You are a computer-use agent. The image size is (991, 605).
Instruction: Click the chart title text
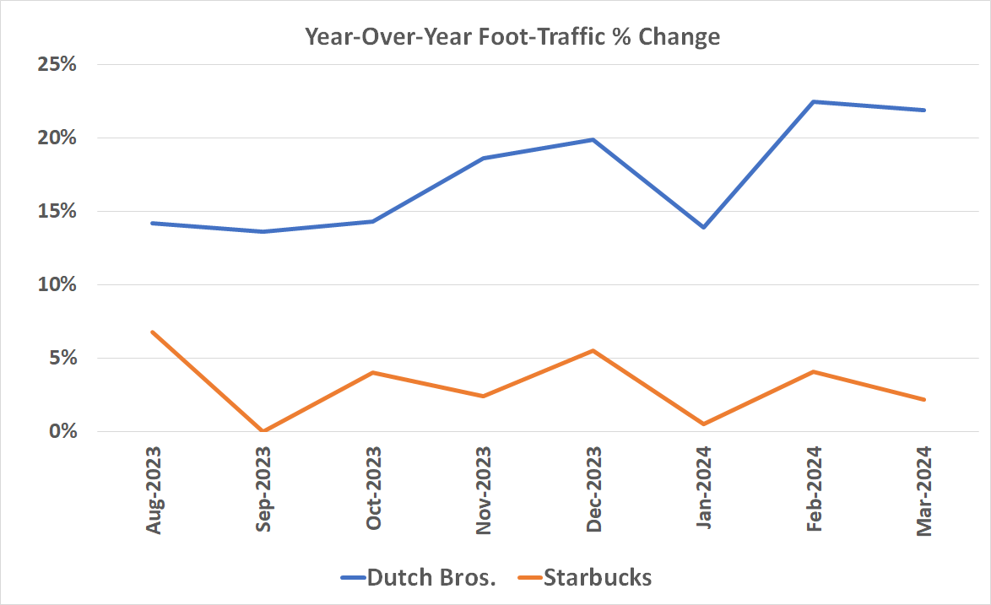512,37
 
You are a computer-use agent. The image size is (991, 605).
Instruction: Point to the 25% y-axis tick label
57,65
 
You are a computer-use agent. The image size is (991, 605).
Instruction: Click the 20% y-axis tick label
57,138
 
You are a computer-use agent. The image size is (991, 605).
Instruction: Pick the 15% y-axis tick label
57,212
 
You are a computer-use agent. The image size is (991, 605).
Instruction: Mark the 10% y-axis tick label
57,285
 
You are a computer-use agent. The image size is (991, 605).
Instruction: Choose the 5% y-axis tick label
62,359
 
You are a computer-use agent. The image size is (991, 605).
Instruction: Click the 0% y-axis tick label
62,432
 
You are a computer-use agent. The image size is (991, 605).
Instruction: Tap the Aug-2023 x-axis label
154,489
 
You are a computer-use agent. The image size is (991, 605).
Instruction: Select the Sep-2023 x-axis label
263,489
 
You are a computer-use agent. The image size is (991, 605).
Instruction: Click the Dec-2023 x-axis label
593,489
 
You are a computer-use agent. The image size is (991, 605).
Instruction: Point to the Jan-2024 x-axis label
703,489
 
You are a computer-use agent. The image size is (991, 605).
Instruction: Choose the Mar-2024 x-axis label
923,489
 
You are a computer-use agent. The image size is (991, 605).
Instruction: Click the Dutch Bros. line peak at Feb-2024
813,102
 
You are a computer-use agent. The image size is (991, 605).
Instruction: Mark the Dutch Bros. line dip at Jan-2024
703,227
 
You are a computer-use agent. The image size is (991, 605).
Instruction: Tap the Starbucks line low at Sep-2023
263,431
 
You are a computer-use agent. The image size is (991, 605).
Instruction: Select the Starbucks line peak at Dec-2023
593,351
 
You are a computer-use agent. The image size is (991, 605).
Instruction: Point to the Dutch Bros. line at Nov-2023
483,159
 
